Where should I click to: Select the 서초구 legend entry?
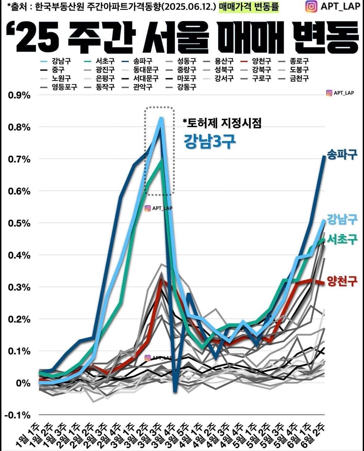coord(105,61)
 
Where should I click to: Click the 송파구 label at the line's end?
coord(342,154)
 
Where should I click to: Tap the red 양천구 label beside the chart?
coord(342,281)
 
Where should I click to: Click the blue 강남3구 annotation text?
coord(210,141)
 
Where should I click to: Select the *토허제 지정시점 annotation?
coord(222,123)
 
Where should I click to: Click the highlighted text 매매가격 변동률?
coord(249,7)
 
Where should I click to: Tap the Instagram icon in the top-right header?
coord(311,6)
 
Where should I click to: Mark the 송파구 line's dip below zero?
coord(175,391)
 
